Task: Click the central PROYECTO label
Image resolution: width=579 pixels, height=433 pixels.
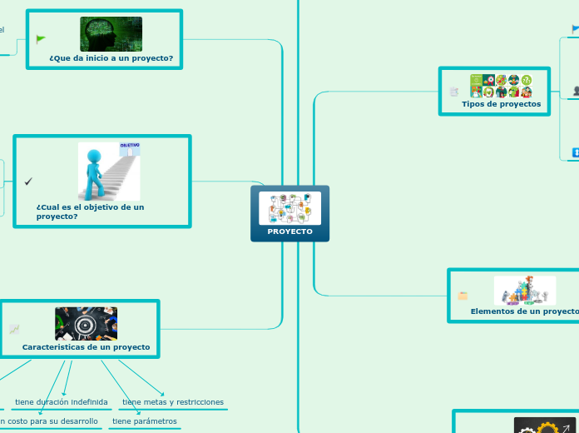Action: (x=289, y=231)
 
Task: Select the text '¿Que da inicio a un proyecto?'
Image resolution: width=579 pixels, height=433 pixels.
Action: (x=111, y=58)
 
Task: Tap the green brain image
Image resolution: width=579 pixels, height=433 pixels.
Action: (x=111, y=34)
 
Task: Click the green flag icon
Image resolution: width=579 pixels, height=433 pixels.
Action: (x=41, y=39)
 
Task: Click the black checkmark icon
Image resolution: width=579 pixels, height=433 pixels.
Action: (x=28, y=182)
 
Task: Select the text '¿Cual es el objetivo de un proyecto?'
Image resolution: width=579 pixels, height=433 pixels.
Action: (x=90, y=212)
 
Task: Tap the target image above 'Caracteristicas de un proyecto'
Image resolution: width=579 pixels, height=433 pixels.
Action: (x=86, y=323)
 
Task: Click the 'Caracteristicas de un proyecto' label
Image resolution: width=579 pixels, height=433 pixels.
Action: (x=86, y=347)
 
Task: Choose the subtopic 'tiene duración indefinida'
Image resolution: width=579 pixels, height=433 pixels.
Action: (x=62, y=402)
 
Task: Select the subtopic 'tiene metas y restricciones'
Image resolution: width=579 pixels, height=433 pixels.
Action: (x=173, y=402)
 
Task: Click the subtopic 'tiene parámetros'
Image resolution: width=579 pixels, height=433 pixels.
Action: (x=145, y=421)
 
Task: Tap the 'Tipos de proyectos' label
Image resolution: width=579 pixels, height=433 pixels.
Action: (x=501, y=104)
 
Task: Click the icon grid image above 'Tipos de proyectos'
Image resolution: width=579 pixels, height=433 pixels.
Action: (x=501, y=86)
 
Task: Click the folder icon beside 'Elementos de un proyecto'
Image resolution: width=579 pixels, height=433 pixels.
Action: (x=463, y=296)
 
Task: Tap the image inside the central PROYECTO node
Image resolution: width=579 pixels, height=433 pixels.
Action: (x=289, y=208)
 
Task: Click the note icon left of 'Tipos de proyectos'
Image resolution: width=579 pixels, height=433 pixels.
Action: (x=453, y=92)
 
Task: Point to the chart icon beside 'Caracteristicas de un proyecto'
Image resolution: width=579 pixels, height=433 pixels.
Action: (x=14, y=330)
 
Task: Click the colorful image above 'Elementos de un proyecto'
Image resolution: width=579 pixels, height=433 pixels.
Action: (x=524, y=290)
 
